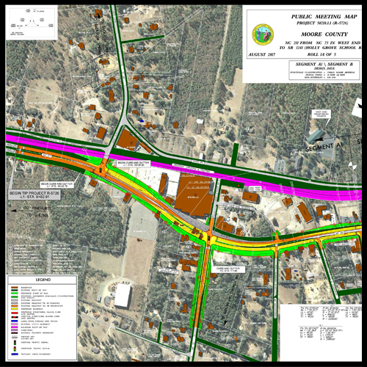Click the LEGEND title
coord(43,280)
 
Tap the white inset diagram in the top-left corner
coord(27,23)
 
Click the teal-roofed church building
coord(317,135)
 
